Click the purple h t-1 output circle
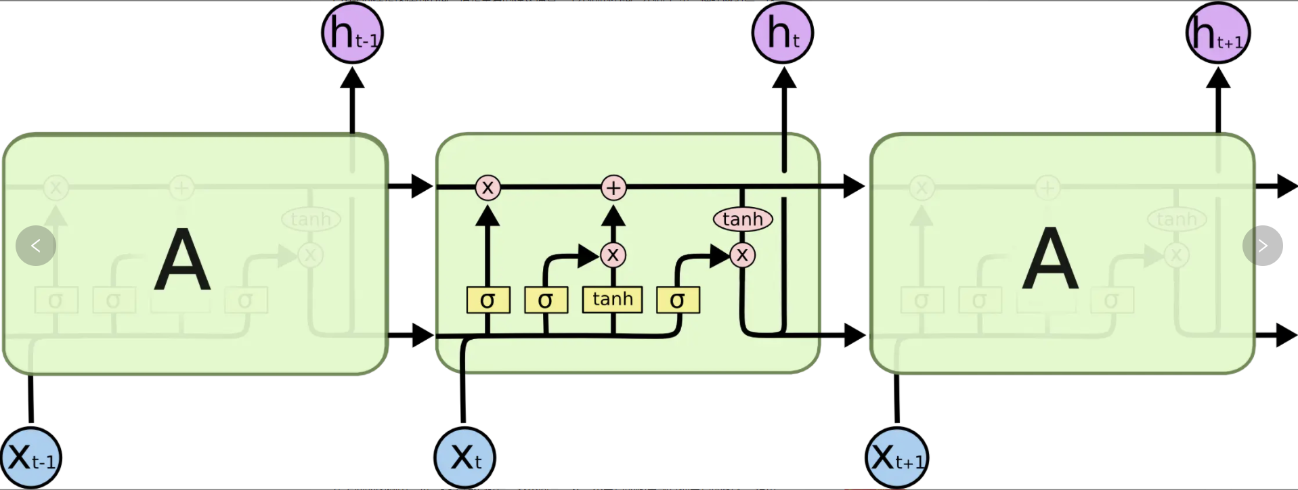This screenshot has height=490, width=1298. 352,33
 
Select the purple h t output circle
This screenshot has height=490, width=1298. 783,33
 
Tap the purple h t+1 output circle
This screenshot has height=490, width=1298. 1218,33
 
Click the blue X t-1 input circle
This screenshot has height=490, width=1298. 31,458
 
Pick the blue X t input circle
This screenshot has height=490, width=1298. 464,458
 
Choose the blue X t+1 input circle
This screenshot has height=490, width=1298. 896,458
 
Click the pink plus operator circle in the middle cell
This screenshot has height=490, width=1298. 613,187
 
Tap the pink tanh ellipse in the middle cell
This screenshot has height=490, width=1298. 743,219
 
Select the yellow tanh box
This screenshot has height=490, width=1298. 612,299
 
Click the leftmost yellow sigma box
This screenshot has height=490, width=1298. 488,300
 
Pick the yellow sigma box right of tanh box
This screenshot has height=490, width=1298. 678,300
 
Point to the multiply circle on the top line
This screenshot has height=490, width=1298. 488,187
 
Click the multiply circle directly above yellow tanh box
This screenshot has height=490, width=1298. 613,255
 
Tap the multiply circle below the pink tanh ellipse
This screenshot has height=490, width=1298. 743,255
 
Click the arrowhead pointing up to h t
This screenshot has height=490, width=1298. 784,79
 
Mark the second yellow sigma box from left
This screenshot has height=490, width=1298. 546,300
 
